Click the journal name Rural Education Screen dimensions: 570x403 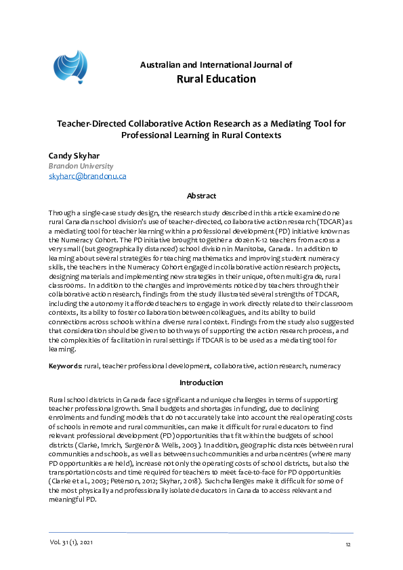[215, 79]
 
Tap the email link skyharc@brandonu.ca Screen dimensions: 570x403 [87, 176]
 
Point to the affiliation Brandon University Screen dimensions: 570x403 [81, 166]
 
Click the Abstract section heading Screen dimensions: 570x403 [201, 196]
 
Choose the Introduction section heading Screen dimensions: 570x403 [201, 382]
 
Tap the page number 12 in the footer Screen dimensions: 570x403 [348, 545]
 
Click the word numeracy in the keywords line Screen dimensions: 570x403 [325, 366]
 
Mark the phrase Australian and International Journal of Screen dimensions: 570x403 [215, 65]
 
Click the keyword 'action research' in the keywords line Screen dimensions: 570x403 [283, 366]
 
